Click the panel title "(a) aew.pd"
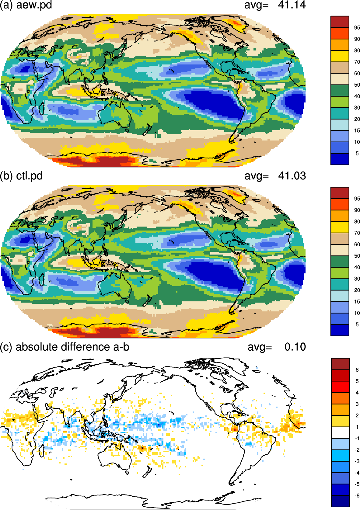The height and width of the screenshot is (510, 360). [x=26, y=5]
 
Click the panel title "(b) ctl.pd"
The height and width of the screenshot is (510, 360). [x=21, y=176]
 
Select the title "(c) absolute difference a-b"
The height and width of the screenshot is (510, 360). [x=65, y=347]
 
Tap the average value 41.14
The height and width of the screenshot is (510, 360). [x=292, y=5]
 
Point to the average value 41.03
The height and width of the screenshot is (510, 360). [x=292, y=176]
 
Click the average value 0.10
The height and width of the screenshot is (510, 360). [x=295, y=347]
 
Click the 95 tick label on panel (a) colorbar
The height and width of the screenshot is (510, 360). [x=357, y=28]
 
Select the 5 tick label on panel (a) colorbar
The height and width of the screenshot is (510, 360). [x=357, y=154]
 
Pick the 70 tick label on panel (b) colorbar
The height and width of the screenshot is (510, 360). [x=357, y=233]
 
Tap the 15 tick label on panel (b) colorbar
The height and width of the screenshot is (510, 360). [x=357, y=301]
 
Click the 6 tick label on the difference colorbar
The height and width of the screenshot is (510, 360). [x=357, y=370]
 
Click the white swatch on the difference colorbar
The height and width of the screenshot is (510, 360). [x=340, y=432]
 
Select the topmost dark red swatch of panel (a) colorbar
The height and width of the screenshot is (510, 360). [x=340, y=22]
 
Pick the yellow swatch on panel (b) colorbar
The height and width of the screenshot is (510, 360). [x=340, y=227]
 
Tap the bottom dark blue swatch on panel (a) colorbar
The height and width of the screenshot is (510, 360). [x=340, y=159]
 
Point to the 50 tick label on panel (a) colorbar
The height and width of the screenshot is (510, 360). [x=357, y=85]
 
